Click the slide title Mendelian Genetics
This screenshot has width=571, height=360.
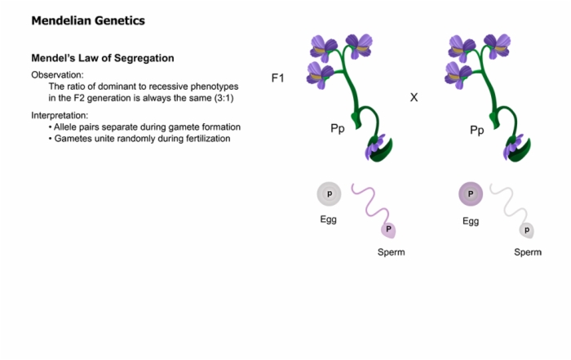point(88,20)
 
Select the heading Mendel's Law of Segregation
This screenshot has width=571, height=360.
point(103,58)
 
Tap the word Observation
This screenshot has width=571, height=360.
point(56,75)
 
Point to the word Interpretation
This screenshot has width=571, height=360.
point(59,115)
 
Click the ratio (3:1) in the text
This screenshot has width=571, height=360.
point(224,98)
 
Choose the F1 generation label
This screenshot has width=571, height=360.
point(278,78)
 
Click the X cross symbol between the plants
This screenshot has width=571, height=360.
point(414,97)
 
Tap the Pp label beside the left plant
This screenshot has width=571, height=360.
point(338,129)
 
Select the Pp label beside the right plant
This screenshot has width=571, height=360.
point(477,130)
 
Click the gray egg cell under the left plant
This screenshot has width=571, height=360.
point(330,193)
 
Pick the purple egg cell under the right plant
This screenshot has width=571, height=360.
point(471,193)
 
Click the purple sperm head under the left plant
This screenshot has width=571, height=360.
point(388,230)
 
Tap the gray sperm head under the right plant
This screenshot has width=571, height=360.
point(527,230)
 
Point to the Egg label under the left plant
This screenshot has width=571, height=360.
point(328,220)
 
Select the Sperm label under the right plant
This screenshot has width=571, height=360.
point(528,252)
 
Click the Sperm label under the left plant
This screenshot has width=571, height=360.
point(391,252)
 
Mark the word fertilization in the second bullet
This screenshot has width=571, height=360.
point(208,139)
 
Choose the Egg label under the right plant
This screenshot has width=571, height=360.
point(471,221)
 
